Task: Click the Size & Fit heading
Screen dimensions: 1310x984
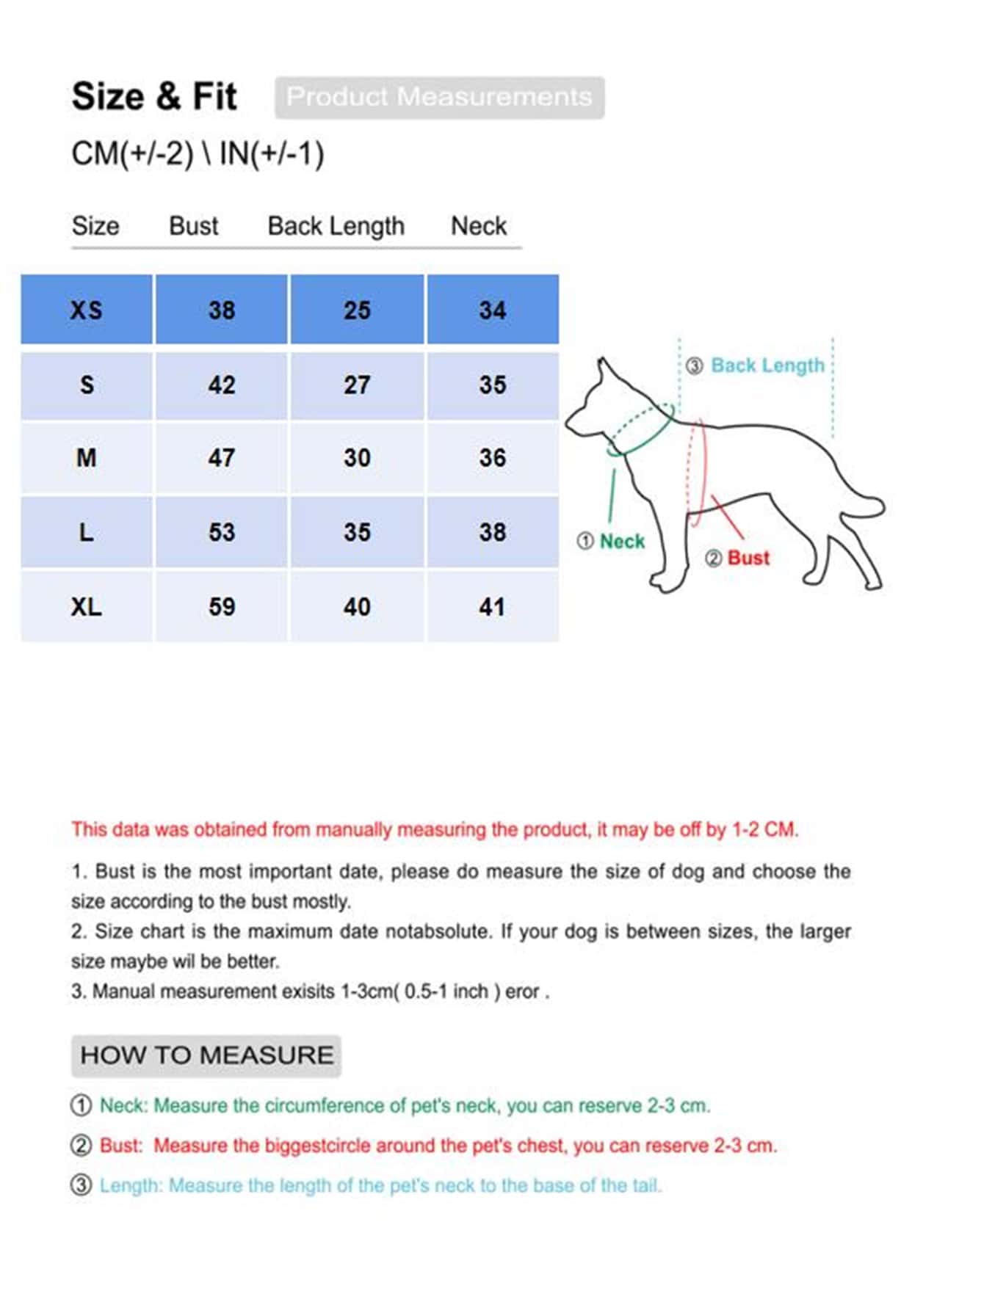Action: point(154,97)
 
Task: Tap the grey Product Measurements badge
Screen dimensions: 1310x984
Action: point(439,97)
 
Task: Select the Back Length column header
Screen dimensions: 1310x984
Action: point(336,226)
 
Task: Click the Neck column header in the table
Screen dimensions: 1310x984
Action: point(478,226)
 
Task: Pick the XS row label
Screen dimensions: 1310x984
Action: point(87,310)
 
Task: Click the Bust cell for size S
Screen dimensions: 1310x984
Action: point(221,385)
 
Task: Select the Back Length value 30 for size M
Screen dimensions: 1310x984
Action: point(357,458)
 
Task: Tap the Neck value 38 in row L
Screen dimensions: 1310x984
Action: point(492,532)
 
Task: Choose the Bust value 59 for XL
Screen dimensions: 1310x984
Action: point(221,607)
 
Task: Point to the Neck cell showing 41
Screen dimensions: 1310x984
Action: point(492,607)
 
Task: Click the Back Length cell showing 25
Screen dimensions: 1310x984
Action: point(357,310)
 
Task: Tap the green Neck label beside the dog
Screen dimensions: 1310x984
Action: point(621,542)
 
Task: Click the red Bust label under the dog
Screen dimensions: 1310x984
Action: point(748,558)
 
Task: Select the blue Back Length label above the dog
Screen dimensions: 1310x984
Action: point(767,365)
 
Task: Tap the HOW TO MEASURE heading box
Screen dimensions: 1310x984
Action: point(206,1055)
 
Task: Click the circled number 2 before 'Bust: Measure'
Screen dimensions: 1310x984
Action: point(81,1146)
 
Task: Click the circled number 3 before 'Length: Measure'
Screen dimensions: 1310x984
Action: point(81,1185)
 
